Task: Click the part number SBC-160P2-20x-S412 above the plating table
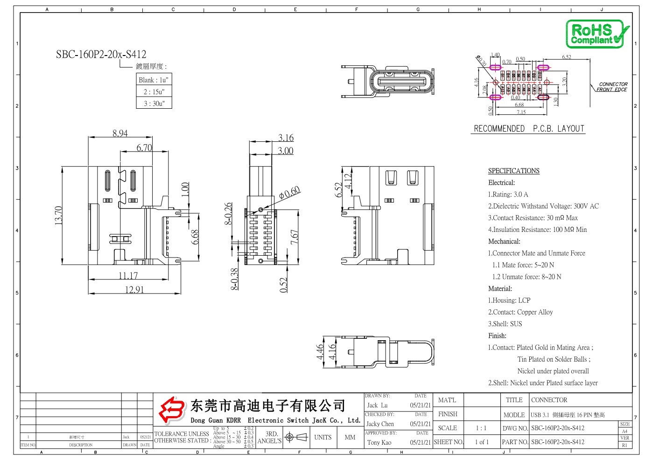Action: click(x=101, y=54)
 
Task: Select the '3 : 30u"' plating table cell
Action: click(x=154, y=103)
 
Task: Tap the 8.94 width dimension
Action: click(x=120, y=133)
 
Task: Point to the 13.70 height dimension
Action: click(x=59, y=216)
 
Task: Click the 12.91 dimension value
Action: click(x=134, y=290)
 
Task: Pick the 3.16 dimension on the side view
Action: click(x=286, y=138)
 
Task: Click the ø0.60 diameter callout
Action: click(x=290, y=193)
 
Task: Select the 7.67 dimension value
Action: click(x=295, y=237)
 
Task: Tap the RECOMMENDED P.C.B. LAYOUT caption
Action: click(x=529, y=128)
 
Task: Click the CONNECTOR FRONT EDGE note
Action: click(x=612, y=87)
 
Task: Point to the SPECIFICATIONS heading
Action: click(x=513, y=171)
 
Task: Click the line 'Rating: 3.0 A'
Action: click(x=508, y=194)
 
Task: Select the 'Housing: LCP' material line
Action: click(x=509, y=300)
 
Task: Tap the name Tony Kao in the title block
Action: click(x=379, y=442)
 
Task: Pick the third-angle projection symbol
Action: click(x=296, y=437)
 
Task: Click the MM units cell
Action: click(x=350, y=437)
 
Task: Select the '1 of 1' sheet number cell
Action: click(x=481, y=442)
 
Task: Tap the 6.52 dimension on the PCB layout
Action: click(x=566, y=57)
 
